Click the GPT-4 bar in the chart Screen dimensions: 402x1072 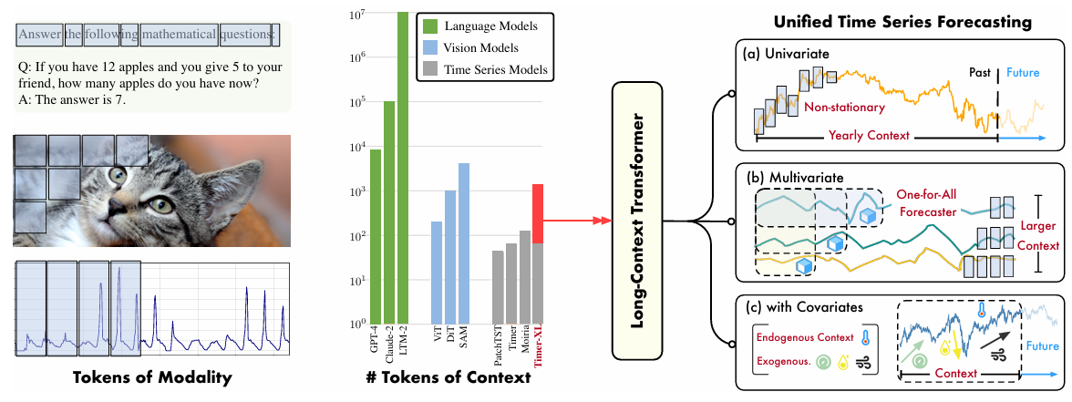pyautogui.click(x=376, y=236)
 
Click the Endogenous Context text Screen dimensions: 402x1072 pyautogui.click(x=805, y=337)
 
